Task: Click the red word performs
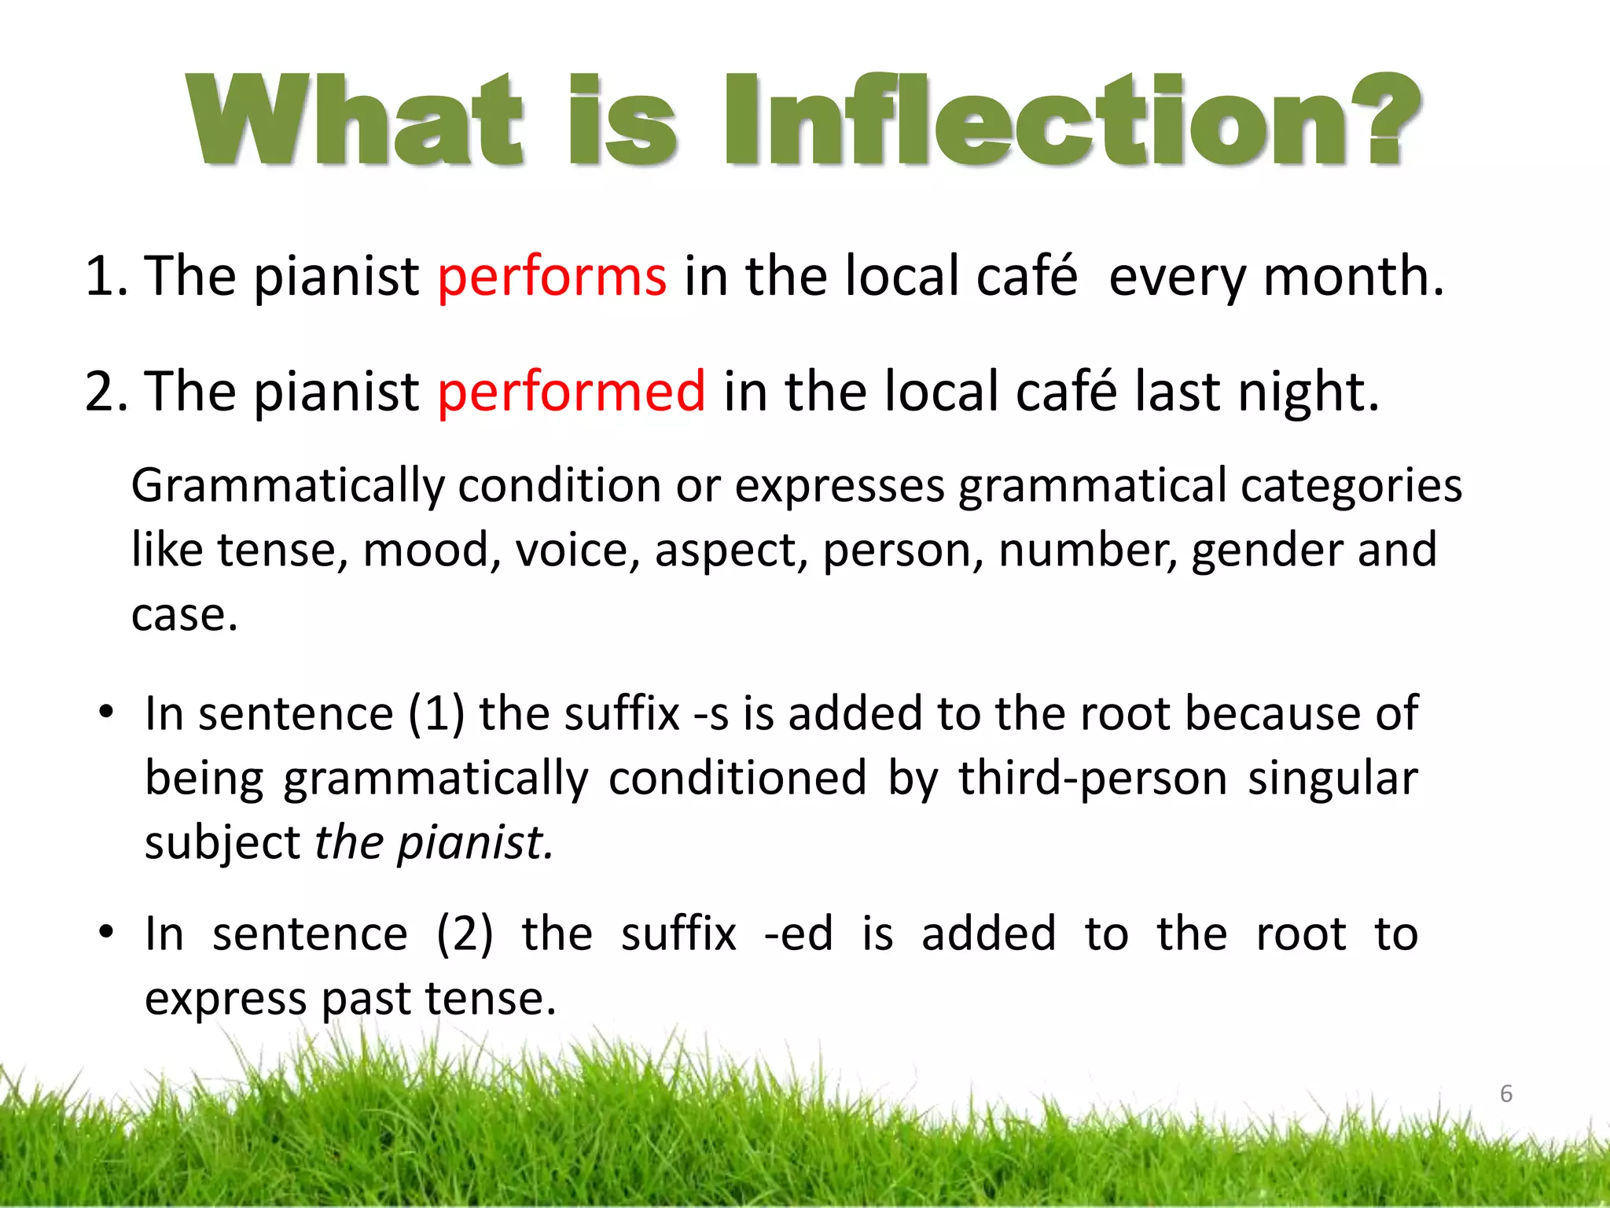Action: pyautogui.click(x=552, y=277)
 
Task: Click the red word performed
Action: pyautogui.click(x=572, y=392)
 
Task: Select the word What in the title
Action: pyautogui.click(x=354, y=122)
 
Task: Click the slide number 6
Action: pyautogui.click(x=1505, y=1094)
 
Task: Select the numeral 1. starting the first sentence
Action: pyautogui.click(x=106, y=277)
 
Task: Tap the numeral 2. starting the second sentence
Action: pyautogui.click(x=106, y=392)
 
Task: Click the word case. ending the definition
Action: pyautogui.click(x=184, y=615)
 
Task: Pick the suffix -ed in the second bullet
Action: pyautogui.click(x=798, y=935)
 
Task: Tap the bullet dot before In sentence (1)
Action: pyautogui.click(x=107, y=713)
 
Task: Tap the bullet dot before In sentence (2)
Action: pyautogui.click(x=107, y=933)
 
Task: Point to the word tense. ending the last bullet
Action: pyautogui.click(x=491, y=1000)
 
